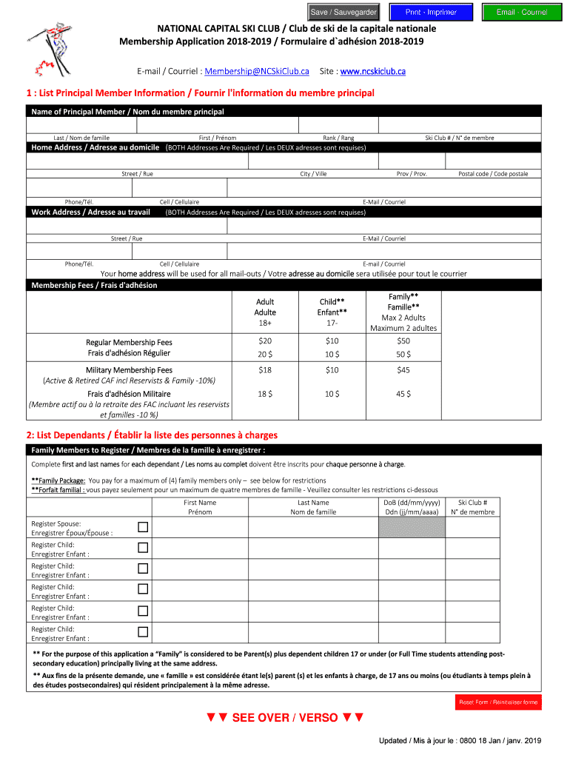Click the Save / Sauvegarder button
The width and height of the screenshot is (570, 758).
343,12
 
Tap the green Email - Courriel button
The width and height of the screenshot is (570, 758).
522,12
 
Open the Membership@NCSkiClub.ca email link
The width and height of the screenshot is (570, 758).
257,71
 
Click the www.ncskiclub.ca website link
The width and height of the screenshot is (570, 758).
372,71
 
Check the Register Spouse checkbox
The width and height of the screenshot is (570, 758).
143,527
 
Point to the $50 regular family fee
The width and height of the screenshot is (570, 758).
403,341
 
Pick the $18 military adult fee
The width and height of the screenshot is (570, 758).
264,369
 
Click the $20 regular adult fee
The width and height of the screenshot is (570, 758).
264,341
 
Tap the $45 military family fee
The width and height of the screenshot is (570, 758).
403,369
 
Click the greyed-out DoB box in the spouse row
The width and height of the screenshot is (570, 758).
412,527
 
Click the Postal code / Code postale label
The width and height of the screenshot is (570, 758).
493,173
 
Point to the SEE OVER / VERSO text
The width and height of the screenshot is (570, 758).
285,717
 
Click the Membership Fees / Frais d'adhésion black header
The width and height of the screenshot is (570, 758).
95,285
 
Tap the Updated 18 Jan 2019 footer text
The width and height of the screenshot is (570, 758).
460,741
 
